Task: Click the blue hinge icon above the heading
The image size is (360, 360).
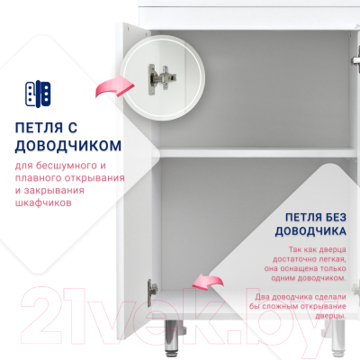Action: point(38,94)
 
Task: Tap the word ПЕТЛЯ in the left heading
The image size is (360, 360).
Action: point(39,128)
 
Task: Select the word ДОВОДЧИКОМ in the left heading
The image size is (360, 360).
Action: point(68,146)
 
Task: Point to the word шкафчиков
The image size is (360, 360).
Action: point(43,202)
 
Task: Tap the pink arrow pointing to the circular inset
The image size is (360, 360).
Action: point(115,85)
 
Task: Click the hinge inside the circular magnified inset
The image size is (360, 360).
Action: point(162,79)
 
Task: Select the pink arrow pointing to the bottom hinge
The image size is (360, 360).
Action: point(208,282)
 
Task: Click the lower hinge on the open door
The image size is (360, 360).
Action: point(151,292)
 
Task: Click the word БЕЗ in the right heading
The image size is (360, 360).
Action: point(333,218)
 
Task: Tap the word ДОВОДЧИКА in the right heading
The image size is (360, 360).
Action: point(310,231)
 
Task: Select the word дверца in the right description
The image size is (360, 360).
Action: point(332,249)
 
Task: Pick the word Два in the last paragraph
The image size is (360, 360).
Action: point(262,297)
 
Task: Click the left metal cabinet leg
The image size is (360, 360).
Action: point(172,336)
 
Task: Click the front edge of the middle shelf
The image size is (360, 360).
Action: point(258,153)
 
